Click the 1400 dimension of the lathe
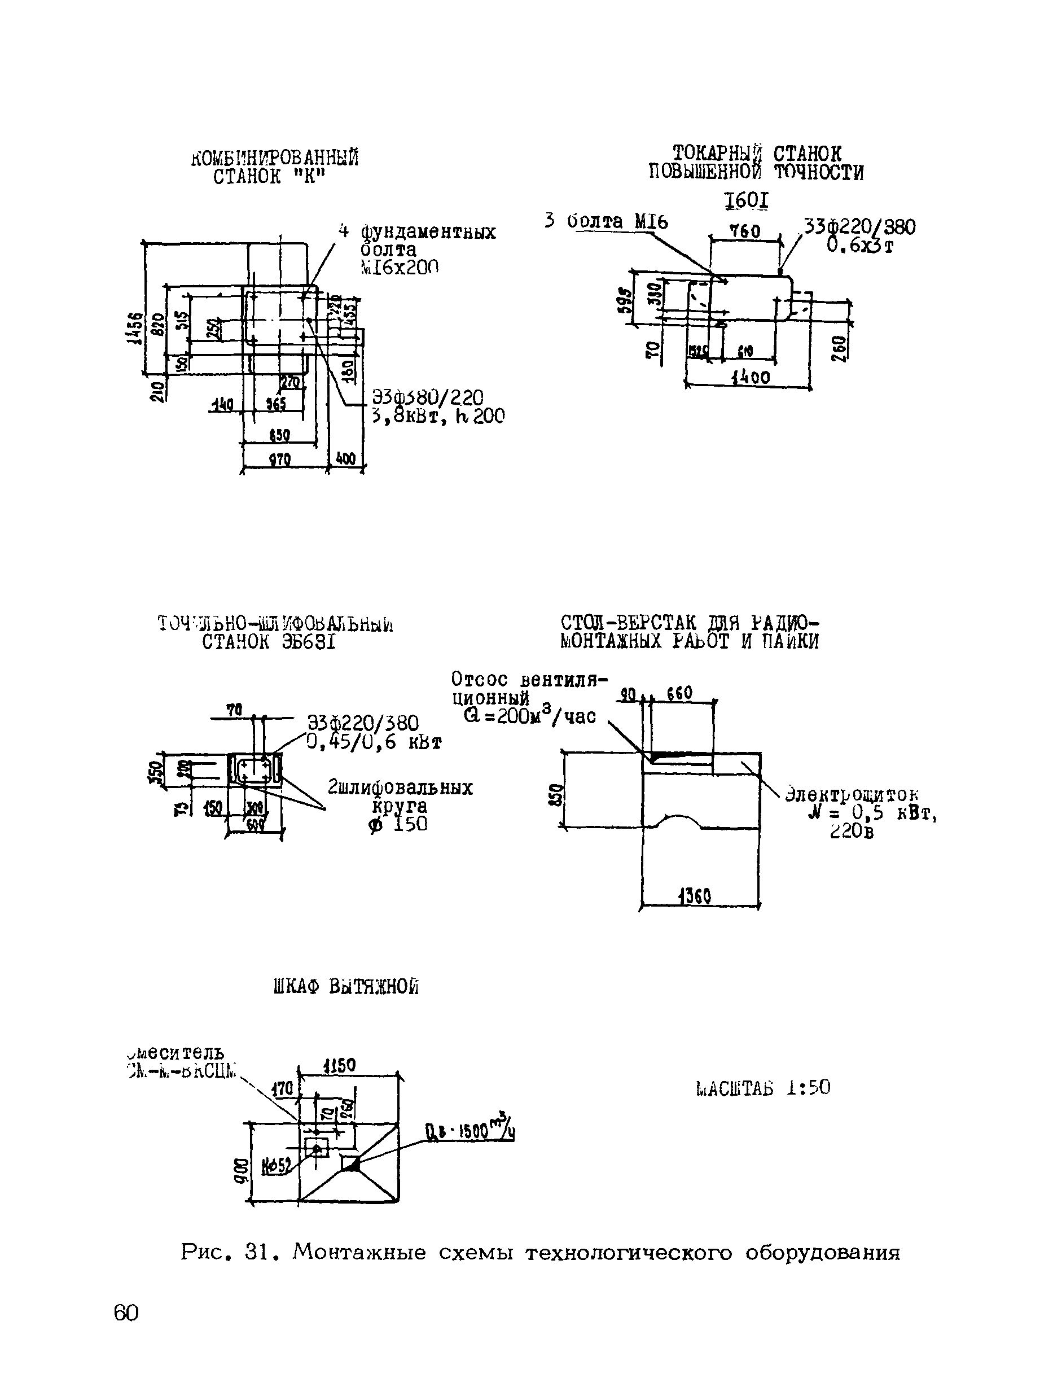751,378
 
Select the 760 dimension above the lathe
744,231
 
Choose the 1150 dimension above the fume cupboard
339,1065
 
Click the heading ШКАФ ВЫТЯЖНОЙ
346,987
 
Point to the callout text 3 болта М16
606,221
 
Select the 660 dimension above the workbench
679,693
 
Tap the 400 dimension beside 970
345,458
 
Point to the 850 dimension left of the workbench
555,795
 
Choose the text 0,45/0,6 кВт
374,742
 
